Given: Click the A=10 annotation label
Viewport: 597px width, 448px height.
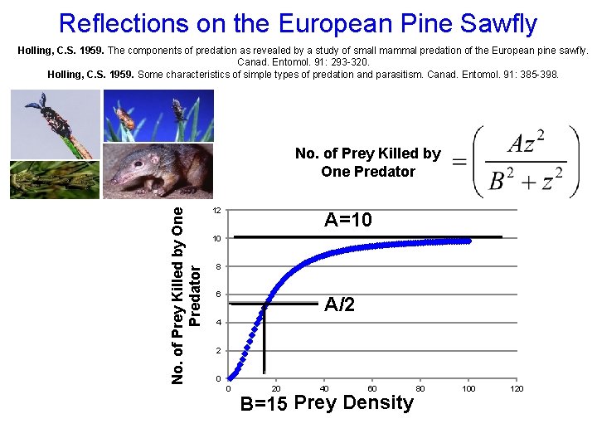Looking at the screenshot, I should coord(348,220).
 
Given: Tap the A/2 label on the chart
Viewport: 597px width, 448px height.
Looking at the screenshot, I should coord(340,304).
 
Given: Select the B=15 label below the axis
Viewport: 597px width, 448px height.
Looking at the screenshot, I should coord(264,404).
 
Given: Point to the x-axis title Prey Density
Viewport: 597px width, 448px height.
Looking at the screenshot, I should coord(354,402).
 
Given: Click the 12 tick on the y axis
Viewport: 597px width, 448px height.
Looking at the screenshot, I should coord(216,211).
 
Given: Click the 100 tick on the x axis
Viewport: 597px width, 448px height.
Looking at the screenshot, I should coord(469,388).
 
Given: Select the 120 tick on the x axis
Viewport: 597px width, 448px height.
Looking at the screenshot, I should coord(517,388).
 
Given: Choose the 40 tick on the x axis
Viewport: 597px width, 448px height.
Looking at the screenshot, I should coord(324,388).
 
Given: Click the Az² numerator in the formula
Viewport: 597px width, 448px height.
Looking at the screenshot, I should coord(526,143).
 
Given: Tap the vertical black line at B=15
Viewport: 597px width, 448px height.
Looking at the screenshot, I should coord(265,340).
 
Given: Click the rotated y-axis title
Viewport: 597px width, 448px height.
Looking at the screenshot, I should coord(187,295).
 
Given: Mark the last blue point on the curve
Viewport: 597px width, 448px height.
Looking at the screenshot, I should coord(468,241).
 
